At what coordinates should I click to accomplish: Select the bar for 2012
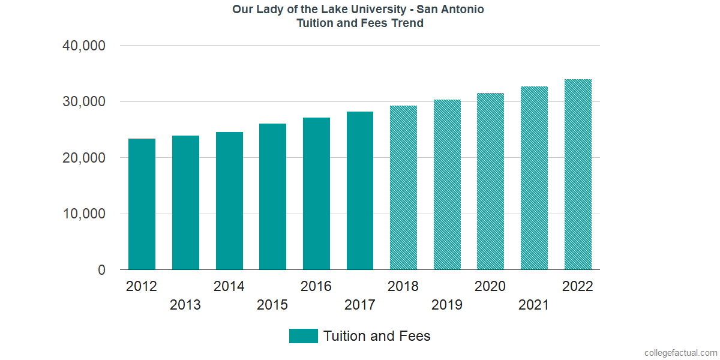click(142, 204)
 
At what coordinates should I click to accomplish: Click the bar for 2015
click(272, 197)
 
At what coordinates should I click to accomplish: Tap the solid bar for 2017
click(360, 191)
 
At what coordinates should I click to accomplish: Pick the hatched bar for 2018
click(403, 188)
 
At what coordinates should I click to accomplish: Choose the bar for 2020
click(490, 181)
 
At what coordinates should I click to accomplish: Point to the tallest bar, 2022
click(578, 175)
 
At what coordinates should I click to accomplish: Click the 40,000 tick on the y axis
click(84, 46)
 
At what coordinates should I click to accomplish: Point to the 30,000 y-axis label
click(84, 101)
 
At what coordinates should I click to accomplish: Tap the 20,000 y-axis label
click(84, 158)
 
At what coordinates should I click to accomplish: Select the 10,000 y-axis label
click(84, 214)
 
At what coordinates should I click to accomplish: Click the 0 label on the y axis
click(101, 270)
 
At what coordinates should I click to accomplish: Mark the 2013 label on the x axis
click(185, 305)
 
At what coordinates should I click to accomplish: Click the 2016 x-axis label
click(316, 286)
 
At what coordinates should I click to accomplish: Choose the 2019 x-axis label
click(447, 305)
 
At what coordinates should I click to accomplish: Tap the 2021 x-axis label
click(534, 305)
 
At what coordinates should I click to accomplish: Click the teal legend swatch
click(303, 336)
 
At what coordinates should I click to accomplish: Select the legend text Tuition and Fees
click(377, 336)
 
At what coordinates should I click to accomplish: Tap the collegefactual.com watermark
click(680, 352)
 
